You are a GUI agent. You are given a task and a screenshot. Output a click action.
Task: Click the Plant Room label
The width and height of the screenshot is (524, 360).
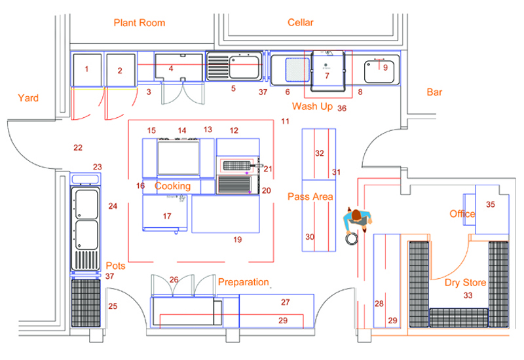139,23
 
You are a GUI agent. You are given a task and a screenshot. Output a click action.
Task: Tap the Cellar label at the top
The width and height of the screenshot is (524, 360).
301,23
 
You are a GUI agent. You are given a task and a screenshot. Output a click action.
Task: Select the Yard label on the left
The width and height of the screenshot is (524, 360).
28,98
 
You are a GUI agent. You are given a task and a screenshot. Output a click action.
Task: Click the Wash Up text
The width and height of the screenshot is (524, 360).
312,106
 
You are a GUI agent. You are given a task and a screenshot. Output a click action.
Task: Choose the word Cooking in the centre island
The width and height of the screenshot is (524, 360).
172,187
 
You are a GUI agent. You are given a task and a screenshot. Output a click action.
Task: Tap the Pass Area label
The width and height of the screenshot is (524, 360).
310,196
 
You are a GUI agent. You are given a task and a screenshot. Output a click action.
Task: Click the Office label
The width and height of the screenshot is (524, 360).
462,214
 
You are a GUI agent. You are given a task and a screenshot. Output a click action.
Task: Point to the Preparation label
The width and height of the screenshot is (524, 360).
243,282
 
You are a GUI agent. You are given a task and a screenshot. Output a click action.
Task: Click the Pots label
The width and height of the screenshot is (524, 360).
115,266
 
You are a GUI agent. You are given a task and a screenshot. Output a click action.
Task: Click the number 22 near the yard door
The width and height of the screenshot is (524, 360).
78,148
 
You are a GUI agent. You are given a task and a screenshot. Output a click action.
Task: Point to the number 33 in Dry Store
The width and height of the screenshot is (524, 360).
468,296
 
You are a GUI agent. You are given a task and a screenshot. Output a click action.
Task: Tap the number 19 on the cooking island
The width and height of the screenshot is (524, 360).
237,240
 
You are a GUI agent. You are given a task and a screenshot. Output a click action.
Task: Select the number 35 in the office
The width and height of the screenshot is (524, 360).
491,205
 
